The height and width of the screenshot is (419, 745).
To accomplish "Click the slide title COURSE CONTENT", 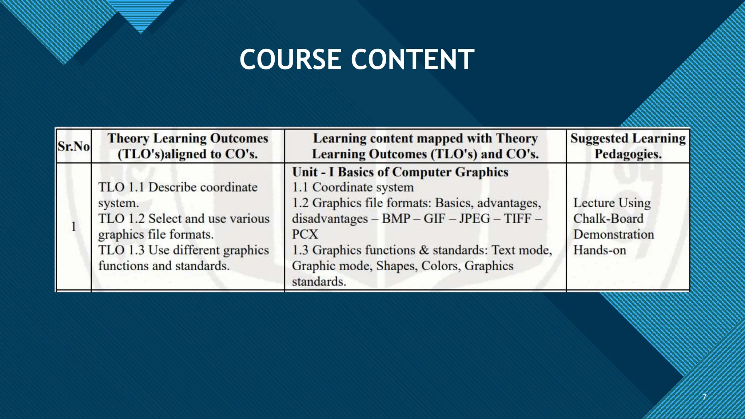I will [357, 59].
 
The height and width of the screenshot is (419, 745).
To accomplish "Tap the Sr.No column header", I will [73, 146].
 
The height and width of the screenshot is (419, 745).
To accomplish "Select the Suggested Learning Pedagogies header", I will [628, 146].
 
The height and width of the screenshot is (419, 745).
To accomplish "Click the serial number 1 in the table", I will [73, 227].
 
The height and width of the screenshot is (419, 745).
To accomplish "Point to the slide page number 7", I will [704, 397].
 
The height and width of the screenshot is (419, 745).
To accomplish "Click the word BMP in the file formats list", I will [396, 219].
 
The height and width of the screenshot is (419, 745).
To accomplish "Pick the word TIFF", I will [517, 219].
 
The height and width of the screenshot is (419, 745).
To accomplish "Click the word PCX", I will [305, 234].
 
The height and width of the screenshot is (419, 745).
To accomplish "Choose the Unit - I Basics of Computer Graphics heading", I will [400, 172].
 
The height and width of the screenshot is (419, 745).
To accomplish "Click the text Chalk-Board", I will [608, 219].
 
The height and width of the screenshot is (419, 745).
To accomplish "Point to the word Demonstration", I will [614, 234].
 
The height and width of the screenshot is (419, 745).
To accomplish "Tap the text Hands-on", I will [599, 250].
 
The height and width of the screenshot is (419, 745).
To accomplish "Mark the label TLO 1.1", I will [121, 187].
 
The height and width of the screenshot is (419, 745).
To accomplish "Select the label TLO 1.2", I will [121, 219].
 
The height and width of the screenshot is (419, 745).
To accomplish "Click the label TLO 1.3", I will [121, 250].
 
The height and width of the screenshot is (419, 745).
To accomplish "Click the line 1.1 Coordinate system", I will [353, 187].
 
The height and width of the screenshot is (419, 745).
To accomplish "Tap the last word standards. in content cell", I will [319, 282].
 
